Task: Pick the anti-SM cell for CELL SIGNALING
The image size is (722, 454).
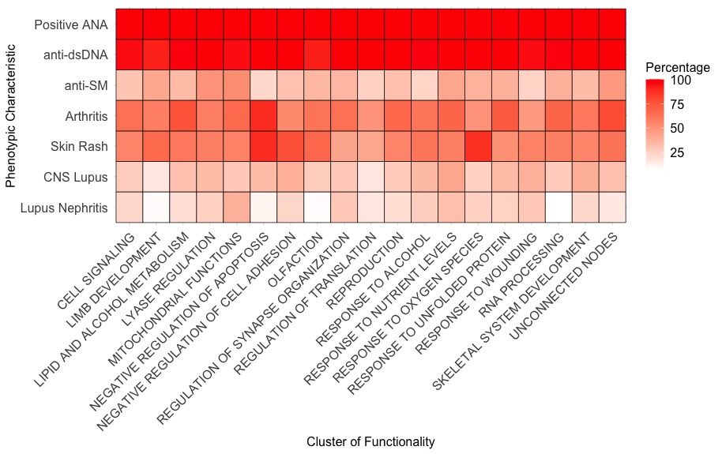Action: (130, 84)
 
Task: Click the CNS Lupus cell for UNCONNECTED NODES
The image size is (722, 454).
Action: (612, 177)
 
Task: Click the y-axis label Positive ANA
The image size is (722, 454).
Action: (71, 24)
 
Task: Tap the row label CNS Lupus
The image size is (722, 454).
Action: (77, 178)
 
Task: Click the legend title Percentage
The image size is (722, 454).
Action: (677, 67)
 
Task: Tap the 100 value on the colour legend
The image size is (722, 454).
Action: (682, 81)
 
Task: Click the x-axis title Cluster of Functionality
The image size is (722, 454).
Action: (370, 442)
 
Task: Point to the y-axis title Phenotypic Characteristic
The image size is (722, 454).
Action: (10, 115)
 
